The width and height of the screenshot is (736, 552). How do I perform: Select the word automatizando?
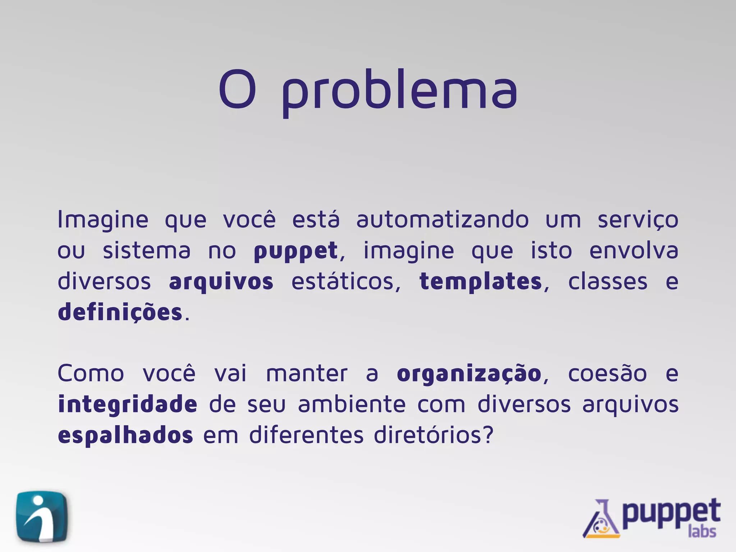(442, 220)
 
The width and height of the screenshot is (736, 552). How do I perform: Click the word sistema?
(147, 250)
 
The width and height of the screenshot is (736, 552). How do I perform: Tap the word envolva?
(634, 250)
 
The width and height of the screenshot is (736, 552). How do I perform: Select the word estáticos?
(346, 281)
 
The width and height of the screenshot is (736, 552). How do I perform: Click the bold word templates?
(481, 282)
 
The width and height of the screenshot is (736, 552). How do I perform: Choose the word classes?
(608, 281)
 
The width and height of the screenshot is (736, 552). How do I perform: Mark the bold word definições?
(120, 313)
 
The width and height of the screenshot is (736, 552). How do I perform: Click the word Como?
(91, 374)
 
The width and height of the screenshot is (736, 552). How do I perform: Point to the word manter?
(307, 374)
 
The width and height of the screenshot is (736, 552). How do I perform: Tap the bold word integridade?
(128, 405)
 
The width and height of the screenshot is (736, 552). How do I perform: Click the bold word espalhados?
(125, 436)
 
